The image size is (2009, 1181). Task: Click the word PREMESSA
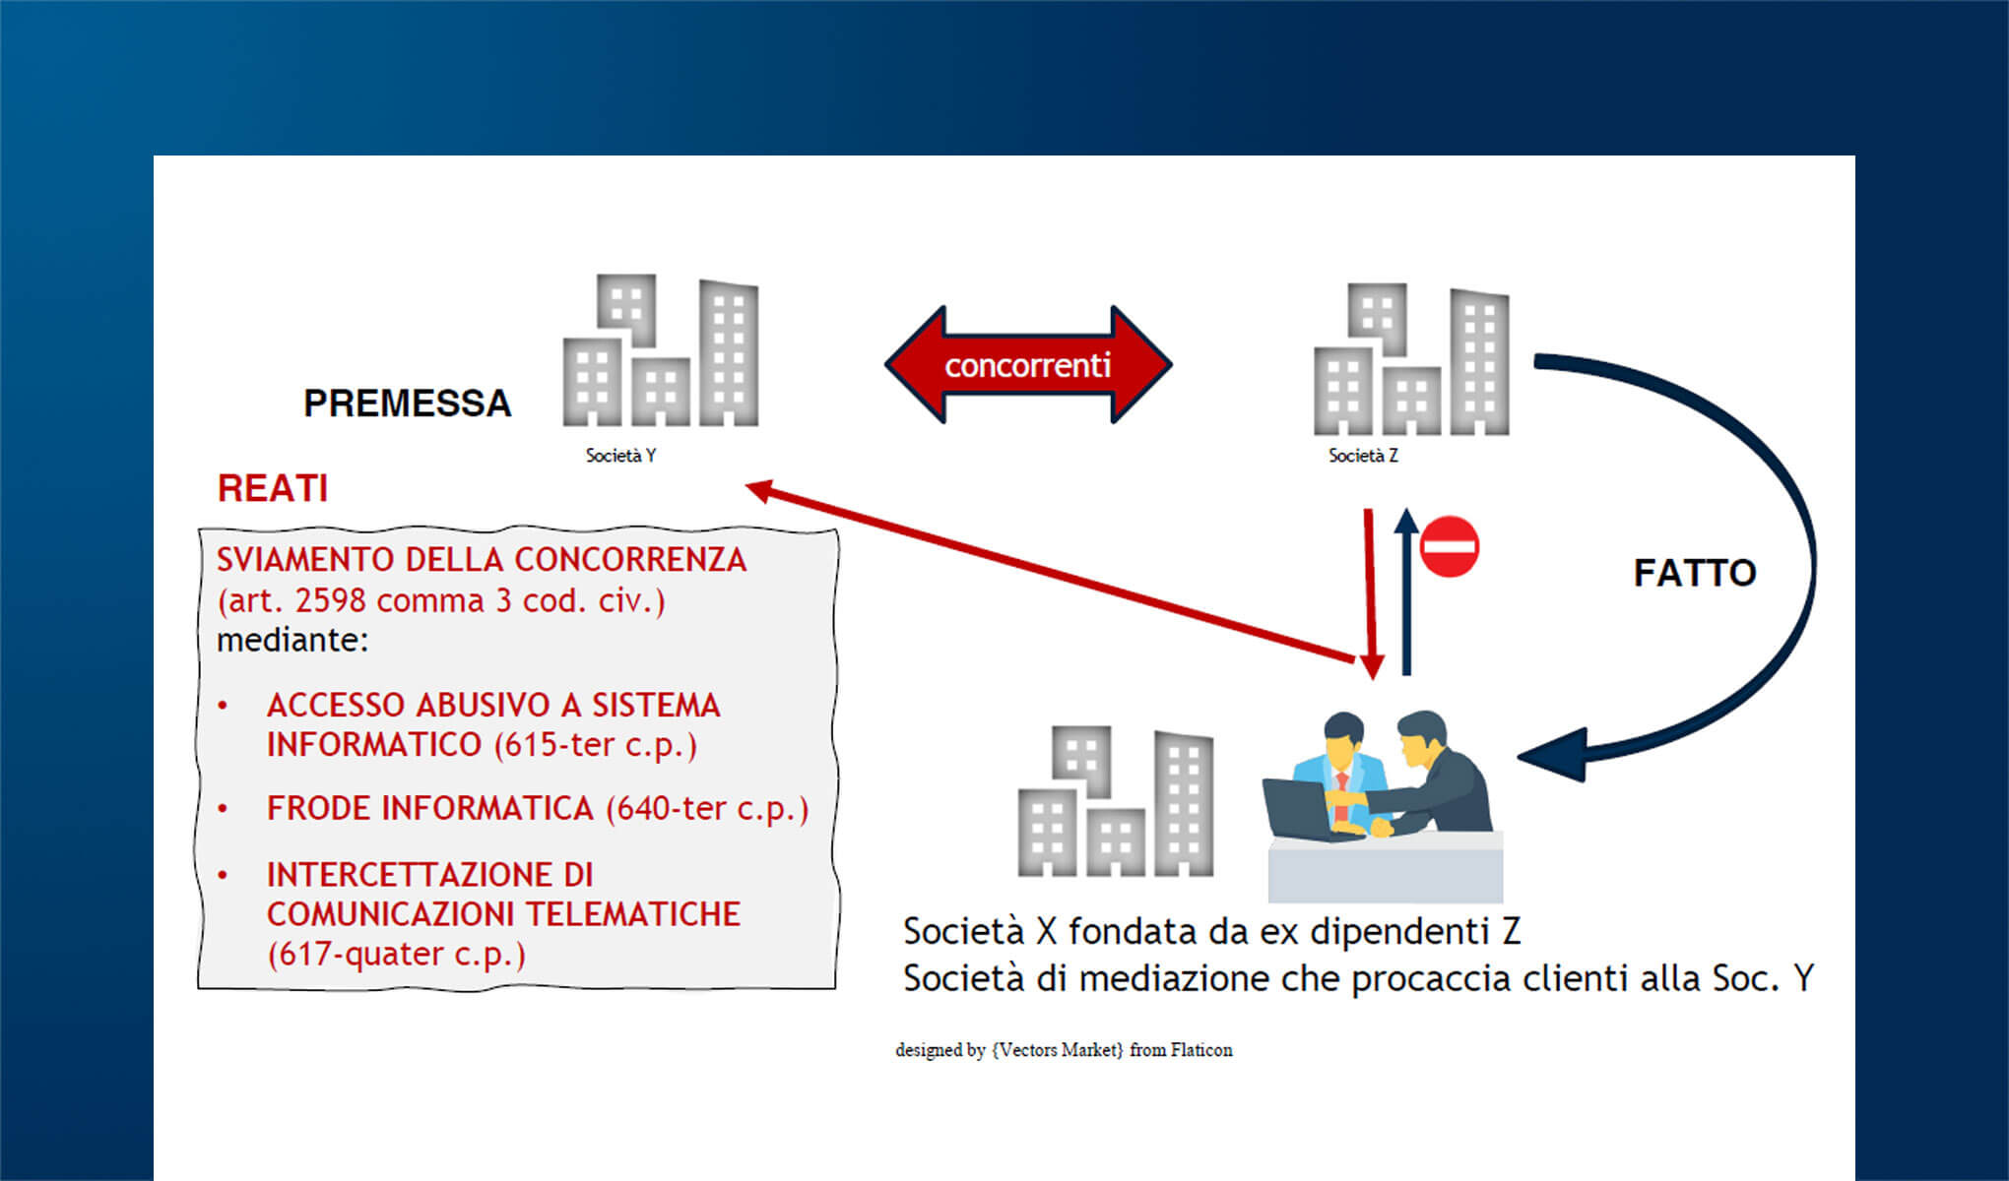click(x=407, y=404)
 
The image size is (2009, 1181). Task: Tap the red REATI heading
click(x=273, y=489)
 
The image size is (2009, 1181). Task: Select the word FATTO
click(x=1694, y=573)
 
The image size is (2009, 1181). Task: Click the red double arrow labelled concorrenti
click(x=1027, y=365)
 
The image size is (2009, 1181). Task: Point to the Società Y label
click(x=620, y=456)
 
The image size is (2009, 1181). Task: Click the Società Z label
click(x=1363, y=456)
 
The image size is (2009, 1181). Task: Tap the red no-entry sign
click(x=1450, y=546)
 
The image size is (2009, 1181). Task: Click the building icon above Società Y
click(x=660, y=351)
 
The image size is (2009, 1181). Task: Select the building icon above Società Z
click(x=1410, y=360)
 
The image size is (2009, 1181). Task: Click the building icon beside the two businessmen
click(x=1115, y=802)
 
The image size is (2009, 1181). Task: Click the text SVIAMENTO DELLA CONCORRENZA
click(x=481, y=560)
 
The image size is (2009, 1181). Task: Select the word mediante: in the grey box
click(x=292, y=641)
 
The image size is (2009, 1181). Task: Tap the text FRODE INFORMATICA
click(x=429, y=808)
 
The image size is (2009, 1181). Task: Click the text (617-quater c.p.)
click(x=396, y=954)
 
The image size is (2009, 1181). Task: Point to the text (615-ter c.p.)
click(x=596, y=745)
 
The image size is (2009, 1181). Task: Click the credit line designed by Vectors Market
click(x=1064, y=1050)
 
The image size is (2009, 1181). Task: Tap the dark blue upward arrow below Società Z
click(x=1406, y=590)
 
